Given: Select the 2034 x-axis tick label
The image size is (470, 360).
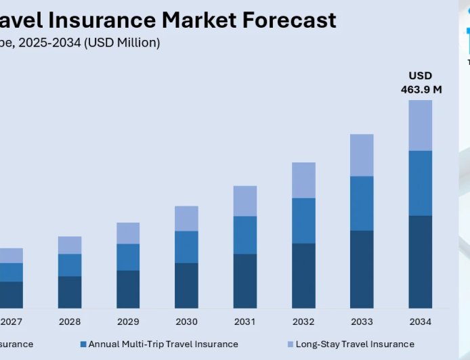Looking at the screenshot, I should click(420, 321).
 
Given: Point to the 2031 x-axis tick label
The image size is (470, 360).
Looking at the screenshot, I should click(245, 321).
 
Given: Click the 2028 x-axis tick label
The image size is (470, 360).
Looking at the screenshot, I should click(70, 321).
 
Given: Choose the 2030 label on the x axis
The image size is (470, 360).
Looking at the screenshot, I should click(186, 321).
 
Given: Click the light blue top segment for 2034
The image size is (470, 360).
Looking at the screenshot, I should click(420, 125).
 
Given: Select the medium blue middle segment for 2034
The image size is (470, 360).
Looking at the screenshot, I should click(420, 183).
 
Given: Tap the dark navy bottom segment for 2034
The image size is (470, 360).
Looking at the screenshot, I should click(420, 262).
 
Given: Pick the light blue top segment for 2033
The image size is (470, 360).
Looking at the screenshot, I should click(362, 155).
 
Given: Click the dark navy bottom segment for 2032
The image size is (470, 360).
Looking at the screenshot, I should click(303, 275).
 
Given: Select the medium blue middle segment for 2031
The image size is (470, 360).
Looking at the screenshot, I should click(245, 235).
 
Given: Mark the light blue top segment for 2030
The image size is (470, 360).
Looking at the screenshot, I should click(186, 219).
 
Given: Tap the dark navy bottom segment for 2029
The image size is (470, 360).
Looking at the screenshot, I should click(128, 289).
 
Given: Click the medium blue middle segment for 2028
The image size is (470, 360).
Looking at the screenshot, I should click(70, 265).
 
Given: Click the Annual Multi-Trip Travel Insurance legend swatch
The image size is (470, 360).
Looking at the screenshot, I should click(83, 344).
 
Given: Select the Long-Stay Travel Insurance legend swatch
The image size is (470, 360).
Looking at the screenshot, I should click(290, 344).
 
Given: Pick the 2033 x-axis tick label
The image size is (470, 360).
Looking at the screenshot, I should click(362, 321).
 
